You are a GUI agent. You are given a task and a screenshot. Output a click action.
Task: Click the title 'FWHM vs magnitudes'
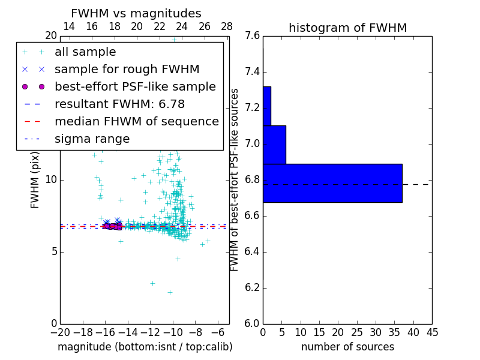coord(136,14)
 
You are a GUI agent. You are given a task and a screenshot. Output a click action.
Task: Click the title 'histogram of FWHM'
coord(347,28)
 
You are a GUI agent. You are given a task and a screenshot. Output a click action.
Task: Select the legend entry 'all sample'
coord(85,52)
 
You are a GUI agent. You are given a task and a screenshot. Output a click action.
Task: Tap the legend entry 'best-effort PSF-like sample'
coord(135,86)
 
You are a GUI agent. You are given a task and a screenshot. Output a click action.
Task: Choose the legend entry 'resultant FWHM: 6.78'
coord(119,104)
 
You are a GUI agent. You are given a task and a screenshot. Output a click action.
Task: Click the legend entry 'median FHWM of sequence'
coord(136,121)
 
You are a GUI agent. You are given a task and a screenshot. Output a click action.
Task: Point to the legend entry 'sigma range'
coord(92,139)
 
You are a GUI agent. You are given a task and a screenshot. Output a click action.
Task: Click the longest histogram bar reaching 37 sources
coord(332,183)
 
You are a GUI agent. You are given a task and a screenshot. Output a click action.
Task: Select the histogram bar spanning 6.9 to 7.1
coord(274,145)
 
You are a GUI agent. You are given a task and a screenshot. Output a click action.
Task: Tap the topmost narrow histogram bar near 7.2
coord(267,106)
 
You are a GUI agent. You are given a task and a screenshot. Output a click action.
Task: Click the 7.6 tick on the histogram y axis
coord(253,36)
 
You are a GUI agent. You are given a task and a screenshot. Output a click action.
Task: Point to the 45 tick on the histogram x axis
coord(432,332)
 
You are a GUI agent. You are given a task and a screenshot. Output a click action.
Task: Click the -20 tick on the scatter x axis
coord(60,332)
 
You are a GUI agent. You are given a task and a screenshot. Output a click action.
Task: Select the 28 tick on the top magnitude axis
coord(227,26)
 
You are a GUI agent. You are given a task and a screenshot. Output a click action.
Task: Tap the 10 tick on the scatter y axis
coord(51,180)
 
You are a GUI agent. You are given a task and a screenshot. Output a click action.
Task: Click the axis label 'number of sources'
coord(347,347)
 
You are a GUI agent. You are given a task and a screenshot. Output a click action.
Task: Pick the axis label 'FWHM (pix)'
coord(35,179)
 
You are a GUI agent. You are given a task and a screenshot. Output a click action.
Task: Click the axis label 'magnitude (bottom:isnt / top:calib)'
coord(145,347)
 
